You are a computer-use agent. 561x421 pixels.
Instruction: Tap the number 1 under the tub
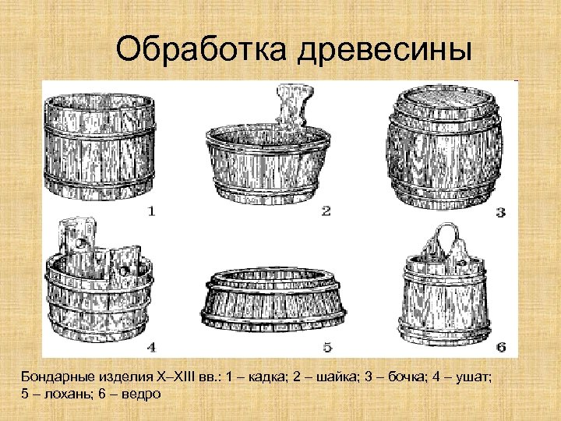click(151, 210)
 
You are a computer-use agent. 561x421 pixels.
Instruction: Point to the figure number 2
click(326, 210)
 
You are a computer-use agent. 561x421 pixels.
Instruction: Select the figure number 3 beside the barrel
click(500, 211)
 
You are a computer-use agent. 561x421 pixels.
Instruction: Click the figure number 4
click(151, 345)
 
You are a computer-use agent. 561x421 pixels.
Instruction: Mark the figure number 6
click(500, 345)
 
